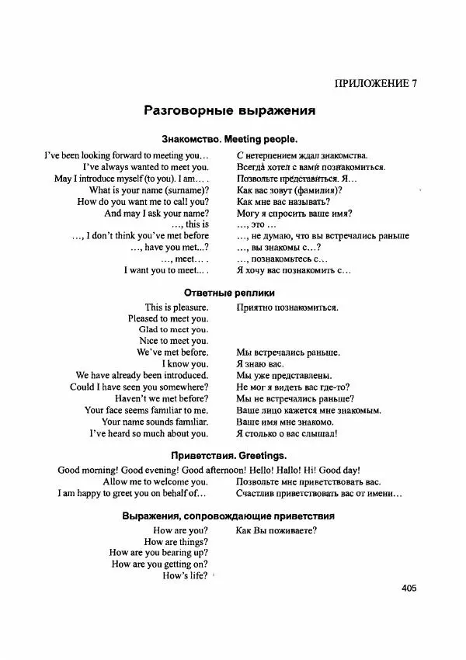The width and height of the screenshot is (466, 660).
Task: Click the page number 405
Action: coord(409,588)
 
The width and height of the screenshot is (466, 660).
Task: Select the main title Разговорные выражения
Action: coord(229,111)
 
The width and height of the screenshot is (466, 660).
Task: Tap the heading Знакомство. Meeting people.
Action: coord(229,140)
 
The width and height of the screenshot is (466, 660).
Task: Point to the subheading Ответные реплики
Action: coord(229,292)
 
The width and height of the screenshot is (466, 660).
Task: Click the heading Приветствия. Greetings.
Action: coord(229,454)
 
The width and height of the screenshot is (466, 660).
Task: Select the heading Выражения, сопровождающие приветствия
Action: coord(229,516)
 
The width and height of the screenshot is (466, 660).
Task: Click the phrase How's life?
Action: coord(185,575)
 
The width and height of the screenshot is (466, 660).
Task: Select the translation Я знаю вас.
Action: coord(259,363)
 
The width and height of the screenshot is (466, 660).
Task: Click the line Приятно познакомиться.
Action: coord(287,307)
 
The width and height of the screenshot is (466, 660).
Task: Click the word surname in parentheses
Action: coord(184,189)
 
